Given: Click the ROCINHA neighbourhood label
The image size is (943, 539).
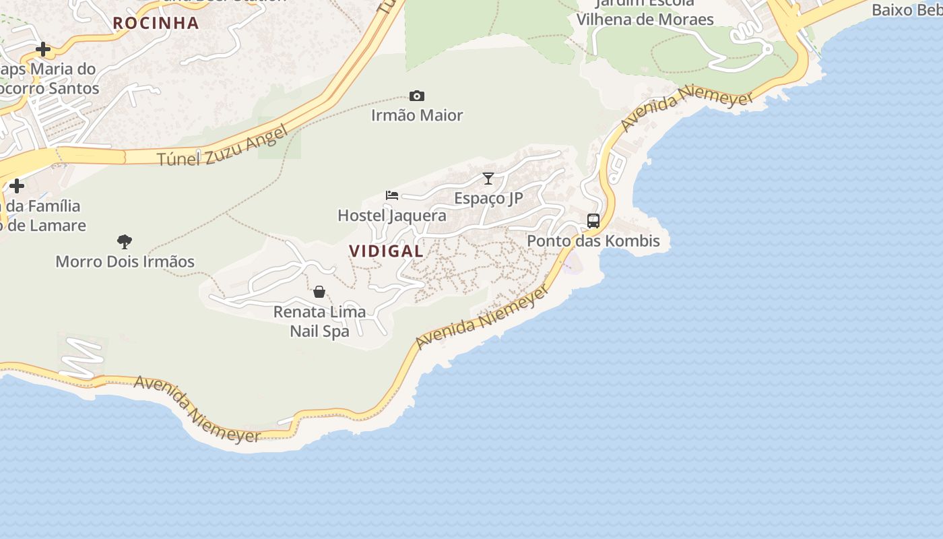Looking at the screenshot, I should click(156, 23).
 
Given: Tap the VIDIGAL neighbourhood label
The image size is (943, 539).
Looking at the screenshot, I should click(386, 251).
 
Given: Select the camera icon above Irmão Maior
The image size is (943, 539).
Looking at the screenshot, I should click(417, 96).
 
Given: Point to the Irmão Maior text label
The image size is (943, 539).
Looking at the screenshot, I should click(417, 115).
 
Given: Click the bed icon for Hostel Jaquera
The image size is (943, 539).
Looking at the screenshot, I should click(392, 195).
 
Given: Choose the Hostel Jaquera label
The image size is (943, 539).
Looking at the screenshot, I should click(391, 216).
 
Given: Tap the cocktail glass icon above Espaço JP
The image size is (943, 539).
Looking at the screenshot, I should click(488, 179).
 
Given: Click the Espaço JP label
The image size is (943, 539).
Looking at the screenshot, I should click(488, 198).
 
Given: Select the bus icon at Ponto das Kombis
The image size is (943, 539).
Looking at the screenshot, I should click(593, 221).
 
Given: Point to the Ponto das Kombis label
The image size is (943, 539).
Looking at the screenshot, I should click(593, 241).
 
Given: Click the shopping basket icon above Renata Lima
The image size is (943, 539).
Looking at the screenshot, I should click(319, 292).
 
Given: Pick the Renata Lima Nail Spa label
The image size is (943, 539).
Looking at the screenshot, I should click(319, 321).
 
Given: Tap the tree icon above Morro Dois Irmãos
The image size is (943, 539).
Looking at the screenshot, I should click(125, 241).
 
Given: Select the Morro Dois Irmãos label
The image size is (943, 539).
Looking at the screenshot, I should click(125, 261).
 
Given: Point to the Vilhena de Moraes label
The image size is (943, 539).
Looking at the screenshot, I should click(645, 20).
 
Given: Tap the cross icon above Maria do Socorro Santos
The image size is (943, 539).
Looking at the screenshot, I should click(43, 49).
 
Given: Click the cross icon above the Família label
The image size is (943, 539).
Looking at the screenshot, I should click(17, 185).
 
